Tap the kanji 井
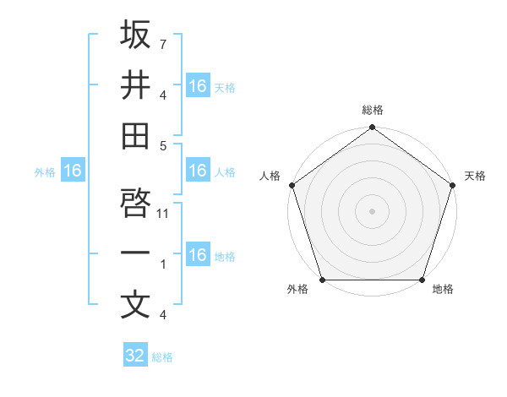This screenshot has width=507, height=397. click(x=135, y=86)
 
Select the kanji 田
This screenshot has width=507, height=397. click(x=135, y=137)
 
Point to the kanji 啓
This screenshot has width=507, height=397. click(x=135, y=202)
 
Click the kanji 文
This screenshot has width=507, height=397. click(x=135, y=304)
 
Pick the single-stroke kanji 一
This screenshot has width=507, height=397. click(x=135, y=253)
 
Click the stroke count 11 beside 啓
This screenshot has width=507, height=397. click(x=164, y=214)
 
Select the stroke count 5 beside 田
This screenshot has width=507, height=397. click(x=164, y=146)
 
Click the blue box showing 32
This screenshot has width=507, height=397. click(x=135, y=356)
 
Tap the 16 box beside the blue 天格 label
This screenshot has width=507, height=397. click(x=198, y=86)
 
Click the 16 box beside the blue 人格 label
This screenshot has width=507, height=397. click(x=198, y=171)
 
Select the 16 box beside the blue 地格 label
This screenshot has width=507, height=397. click(x=198, y=255)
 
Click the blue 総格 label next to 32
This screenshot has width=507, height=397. click(x=162, y=357)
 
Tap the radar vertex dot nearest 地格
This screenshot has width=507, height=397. click(x=422, y=280)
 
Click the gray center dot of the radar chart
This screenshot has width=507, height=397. click(x=372, y=210)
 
